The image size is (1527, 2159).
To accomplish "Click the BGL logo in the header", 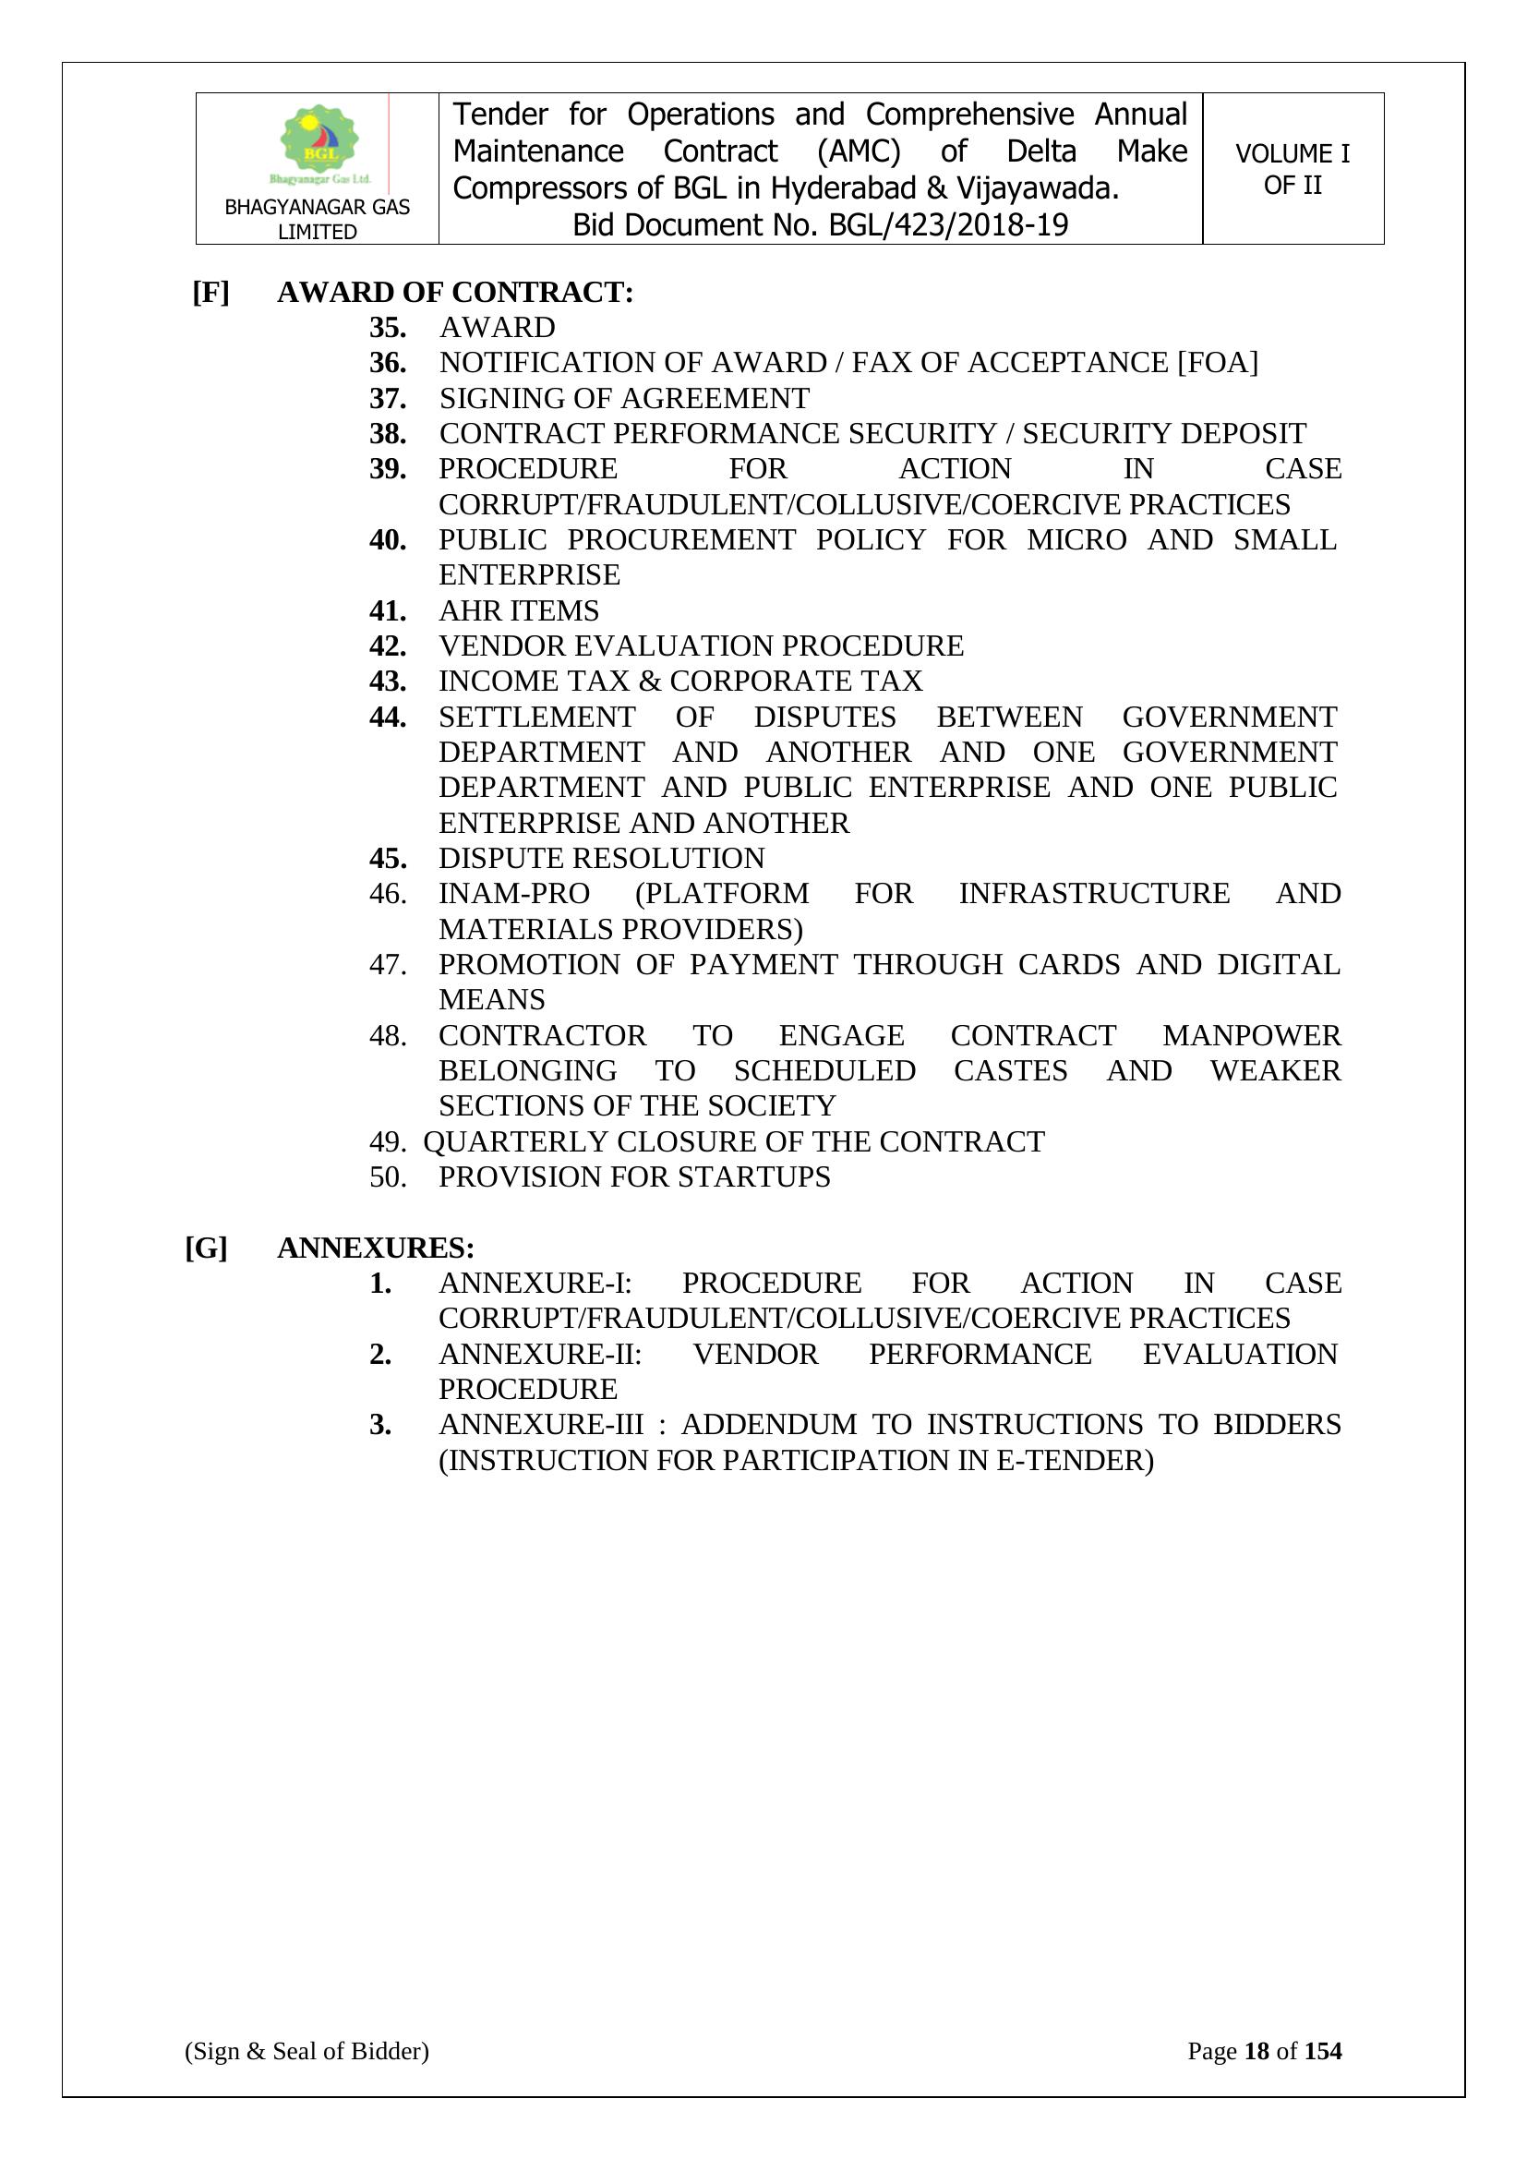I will [x=319, y=144].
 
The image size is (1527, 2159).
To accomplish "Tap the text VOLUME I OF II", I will [x=1292, y=169].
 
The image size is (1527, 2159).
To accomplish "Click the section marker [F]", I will [x=210, y=293].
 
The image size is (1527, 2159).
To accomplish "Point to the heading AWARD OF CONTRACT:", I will [x=455, y=293].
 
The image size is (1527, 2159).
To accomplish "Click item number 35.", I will [x=388, y=327].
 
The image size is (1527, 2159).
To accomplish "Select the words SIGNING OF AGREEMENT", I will [x=623, y=399].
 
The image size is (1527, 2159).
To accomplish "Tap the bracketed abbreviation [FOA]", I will [x=1217, y=363].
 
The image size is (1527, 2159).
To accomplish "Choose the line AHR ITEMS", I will [x=518, y=611].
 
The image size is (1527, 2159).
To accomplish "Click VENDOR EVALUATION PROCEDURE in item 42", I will [x=701, y=646].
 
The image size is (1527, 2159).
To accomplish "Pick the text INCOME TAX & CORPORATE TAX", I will [x=679, y=681].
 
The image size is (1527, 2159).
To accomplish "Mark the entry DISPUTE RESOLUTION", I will [x=601, y=859].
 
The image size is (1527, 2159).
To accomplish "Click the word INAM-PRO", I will [x=513, y=893].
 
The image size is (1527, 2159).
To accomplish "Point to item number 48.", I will [x=388, y=1036].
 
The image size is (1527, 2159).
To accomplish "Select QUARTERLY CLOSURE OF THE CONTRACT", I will [x=733, y=1141].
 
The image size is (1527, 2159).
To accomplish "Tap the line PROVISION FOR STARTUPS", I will [x=633, y=1177].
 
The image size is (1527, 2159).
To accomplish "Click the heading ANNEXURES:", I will [x=375, y=1248].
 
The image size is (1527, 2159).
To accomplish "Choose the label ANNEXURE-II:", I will [x=540, y=1354].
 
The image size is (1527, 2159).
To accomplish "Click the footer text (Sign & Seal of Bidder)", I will [x=307, y=2051].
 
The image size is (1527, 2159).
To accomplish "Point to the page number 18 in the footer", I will [x=1256, y=2051].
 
